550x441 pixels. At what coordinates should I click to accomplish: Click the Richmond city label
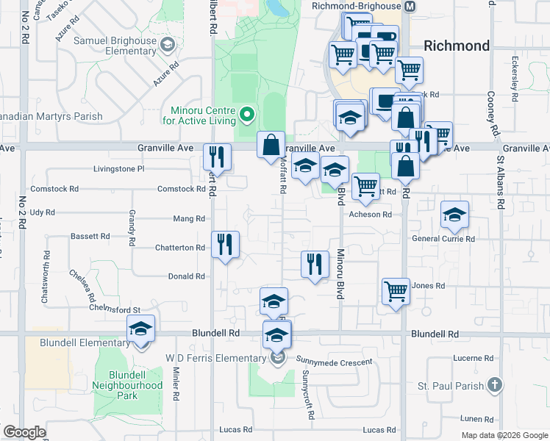pyautogui.click(x=456, y=46)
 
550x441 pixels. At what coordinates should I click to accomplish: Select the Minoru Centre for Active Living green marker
pyautogui.click(x=247, y=114)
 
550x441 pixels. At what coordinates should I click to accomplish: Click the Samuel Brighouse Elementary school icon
pyautogui.click(x=168, y=46)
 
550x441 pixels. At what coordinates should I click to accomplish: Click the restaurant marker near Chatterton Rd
pyautogui.click(x=226, y=245)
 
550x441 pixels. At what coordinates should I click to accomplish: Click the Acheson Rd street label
pyautogui.click(x=370, y=215)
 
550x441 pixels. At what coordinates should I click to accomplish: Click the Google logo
pyautogui.click(x=24, y=432)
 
